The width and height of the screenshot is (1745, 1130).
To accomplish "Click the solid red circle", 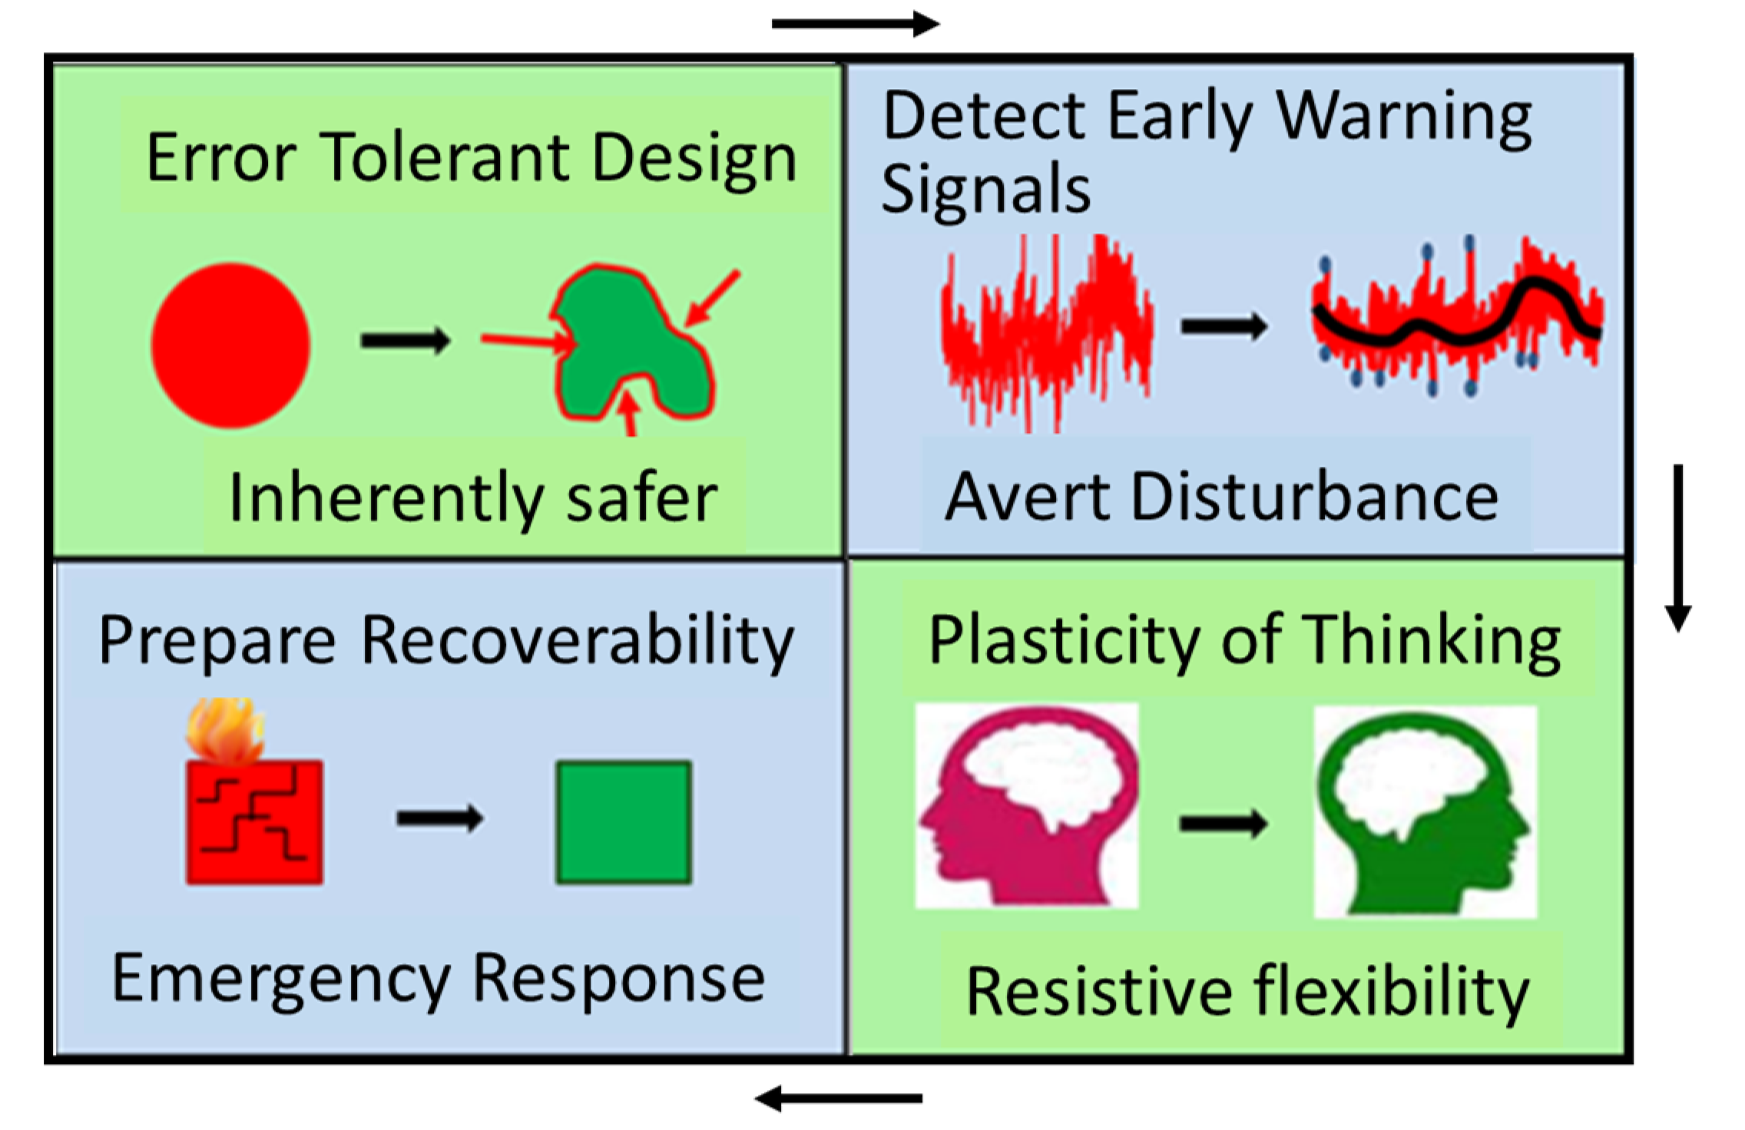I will tap(230, 345).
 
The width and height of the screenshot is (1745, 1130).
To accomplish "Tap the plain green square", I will tap(624, 822).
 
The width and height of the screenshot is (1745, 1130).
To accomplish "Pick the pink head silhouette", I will tap(1026, 806).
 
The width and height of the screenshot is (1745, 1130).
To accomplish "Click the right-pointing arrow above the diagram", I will tap(855, 24).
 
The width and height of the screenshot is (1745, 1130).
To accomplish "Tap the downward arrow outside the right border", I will tap(1678, 547).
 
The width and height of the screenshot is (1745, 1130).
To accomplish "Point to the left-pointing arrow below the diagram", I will tap(839, 1099).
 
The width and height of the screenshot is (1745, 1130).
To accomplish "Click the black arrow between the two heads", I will tap(1223, 824).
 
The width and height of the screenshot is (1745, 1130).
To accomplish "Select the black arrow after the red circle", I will tap(406, 340).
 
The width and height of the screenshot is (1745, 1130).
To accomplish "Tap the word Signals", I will tap(986, 190).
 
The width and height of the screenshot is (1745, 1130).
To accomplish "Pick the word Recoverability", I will tap(577, 642).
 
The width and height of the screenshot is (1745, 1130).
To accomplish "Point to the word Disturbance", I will tap(1314, 497).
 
